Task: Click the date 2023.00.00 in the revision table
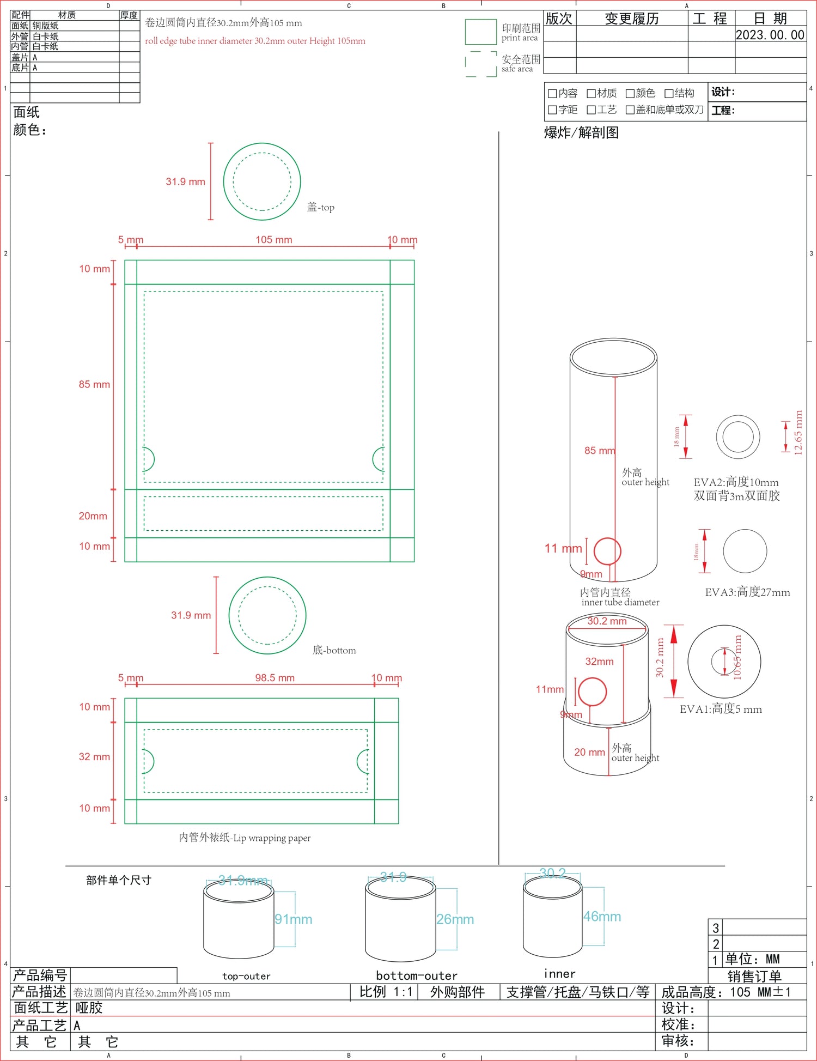point(770,35)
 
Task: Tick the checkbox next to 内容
point(552,94)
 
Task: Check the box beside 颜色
point(630,94)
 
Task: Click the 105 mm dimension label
point(274,240)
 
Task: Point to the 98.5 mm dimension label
point(275,678)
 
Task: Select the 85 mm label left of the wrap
point(94,384)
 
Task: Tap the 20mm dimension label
point(93,516)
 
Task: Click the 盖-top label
point(321,207)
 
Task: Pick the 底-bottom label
point(334,650)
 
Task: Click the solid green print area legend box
point(480,32)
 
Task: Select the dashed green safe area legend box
point(480,64)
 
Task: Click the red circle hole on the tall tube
point(607,551)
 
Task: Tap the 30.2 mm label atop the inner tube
point(607,621)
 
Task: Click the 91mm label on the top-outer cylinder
point(293,919)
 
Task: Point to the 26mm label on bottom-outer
point(455,919)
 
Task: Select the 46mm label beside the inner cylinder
point(602,917)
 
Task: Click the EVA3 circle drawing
point(745,551)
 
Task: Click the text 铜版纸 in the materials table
point(45,26)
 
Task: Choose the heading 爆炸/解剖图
point(581,132)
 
